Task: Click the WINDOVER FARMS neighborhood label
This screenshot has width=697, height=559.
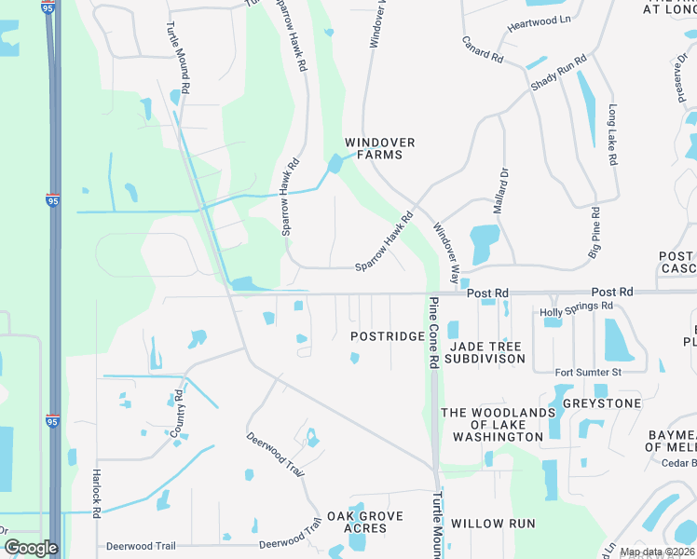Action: [x=379, y=148]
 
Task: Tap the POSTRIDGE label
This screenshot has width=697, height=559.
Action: [x=388, y=335]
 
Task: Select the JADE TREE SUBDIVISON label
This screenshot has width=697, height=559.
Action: [x=485, y=352]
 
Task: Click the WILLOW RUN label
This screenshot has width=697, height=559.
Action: [x=493, y=524]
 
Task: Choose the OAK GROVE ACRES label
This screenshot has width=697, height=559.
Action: [x=364, y=522]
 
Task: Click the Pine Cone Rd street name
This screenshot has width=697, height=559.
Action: [x=433, y=333]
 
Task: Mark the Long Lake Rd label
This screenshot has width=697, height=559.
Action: [x=612, y=134]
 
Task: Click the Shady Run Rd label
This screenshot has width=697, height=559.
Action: [x=558, y=73]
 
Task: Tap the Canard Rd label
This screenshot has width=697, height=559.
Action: [x=483, y=50]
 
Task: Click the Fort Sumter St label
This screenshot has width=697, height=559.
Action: [x=587, y=373]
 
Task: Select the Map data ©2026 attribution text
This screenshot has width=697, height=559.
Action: [x=657, y=552]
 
